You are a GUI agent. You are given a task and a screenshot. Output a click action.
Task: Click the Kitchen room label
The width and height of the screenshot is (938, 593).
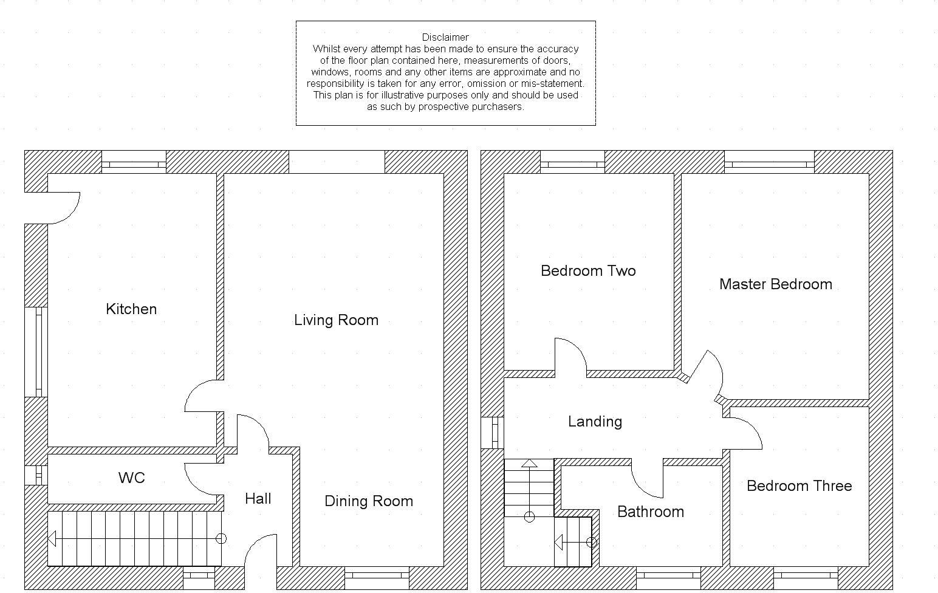[x=131, y=309]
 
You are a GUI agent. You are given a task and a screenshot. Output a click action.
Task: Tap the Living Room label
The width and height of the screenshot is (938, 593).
[x=336, y=320]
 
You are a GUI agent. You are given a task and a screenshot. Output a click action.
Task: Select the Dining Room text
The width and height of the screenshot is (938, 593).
[x=369, y=501]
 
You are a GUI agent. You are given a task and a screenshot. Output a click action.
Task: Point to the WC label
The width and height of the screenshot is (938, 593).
[x=132, y=478]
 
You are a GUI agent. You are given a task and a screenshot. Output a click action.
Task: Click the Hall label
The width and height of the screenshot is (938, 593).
[x=258, y=499]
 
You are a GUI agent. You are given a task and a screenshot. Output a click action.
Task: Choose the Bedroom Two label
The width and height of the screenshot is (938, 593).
[x=588, y=271]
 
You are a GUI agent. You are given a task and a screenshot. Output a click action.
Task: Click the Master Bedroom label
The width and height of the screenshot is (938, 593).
[x=775, y=284]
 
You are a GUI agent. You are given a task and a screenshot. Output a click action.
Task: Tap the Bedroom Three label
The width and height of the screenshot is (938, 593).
[x=799, y=486]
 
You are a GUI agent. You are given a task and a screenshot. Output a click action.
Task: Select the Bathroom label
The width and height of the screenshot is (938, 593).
[x=650, y=512]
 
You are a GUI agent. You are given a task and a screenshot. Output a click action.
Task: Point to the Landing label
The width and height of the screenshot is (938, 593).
[x=595, y=422]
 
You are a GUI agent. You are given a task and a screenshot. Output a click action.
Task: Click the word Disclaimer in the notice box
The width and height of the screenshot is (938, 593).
[x=445, y=37]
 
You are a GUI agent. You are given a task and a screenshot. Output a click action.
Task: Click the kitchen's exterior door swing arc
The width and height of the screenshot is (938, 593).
[x=67, y=210]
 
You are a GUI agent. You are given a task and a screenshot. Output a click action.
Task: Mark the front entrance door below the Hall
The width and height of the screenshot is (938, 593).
[x=260, y=553]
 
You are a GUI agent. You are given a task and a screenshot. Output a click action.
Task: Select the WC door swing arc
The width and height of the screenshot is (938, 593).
[x=199, y=480]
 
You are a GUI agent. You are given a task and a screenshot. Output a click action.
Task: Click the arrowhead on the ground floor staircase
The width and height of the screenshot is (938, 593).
[x=52, y=539]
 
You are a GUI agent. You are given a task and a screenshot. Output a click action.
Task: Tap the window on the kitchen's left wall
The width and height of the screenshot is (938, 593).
[x=36, y=352]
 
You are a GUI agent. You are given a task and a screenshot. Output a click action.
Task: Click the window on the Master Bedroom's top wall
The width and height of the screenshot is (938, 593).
[x=769, y=164]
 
